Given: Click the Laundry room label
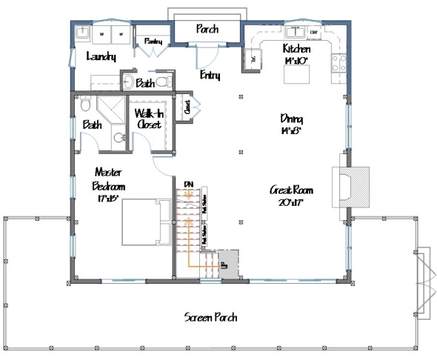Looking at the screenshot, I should click(99, 57).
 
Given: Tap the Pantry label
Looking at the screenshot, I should click(153, 41).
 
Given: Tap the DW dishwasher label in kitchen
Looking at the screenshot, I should click(314, 33).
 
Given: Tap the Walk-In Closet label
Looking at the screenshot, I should click(149, 119).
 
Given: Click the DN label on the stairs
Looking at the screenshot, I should click(189, 184).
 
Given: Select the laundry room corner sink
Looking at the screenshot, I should click(82, 34).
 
